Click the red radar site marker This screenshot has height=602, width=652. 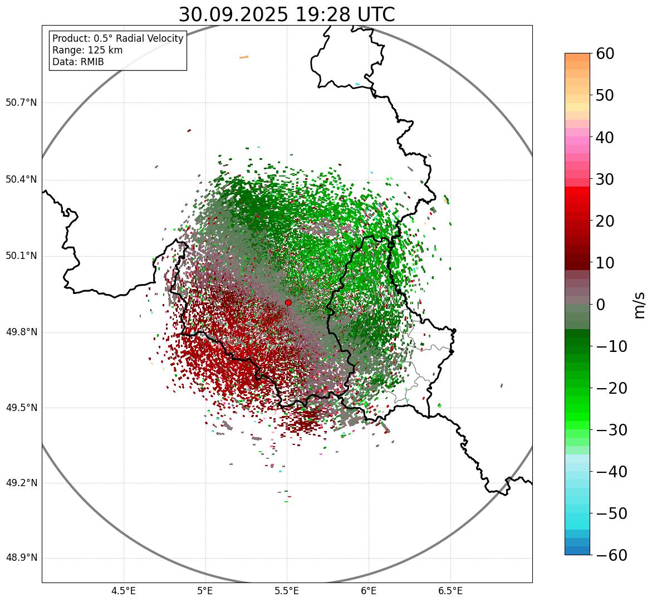coord(288,302)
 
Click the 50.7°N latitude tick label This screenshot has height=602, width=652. coord(21,103)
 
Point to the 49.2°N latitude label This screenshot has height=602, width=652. coord(21,483)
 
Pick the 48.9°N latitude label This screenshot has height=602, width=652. coord(21,558)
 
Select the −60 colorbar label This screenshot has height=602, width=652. coord(611,555)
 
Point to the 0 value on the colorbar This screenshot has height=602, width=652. coord(601,305)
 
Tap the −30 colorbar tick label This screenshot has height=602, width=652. coord(611,430)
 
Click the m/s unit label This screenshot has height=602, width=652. coord(640,304)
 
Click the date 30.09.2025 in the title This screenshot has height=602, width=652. coord(233,15)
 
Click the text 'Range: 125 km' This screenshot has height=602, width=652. coord(87,50)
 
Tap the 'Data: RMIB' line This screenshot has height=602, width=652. coord(78,62)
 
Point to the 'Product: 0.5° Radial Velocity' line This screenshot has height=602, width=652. coord(117,38)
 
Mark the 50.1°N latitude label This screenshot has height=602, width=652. coord(21,256)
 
